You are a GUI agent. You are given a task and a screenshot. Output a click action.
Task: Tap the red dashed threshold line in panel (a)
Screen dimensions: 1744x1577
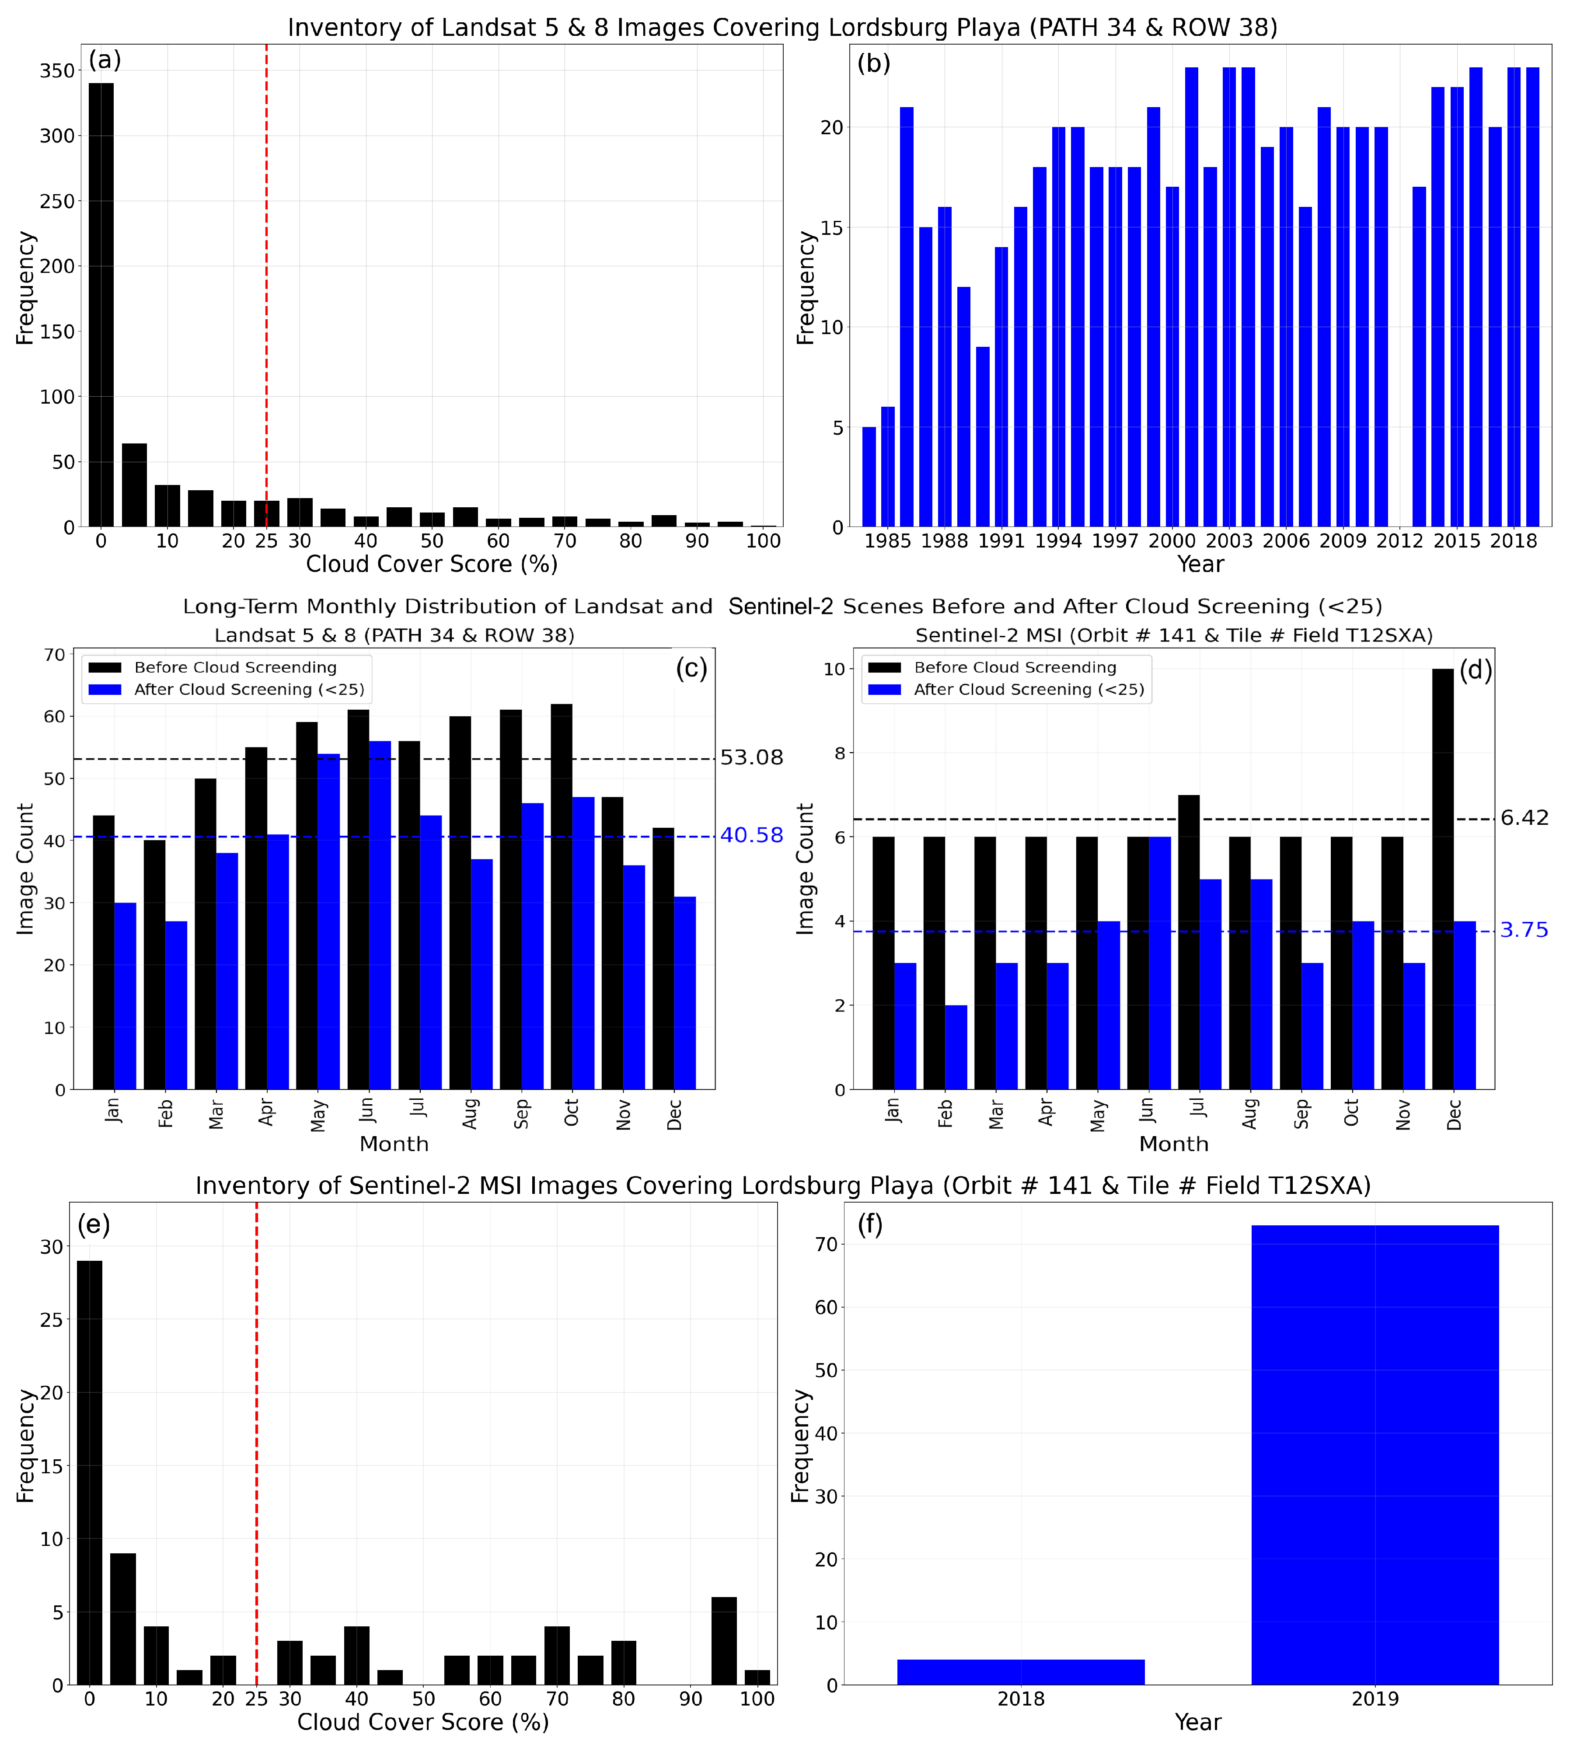click(x=266, y=259)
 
